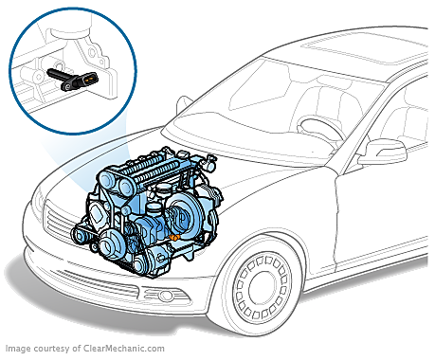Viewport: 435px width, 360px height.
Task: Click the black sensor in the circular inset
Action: tap(73, 79)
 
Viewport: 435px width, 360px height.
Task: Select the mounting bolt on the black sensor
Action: tap(67, 85)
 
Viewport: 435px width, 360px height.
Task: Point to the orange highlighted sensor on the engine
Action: tap(174, 237)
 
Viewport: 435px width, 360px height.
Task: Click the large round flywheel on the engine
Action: tap(185, 211)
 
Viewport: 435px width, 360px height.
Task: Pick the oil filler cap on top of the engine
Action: tap(163, 189)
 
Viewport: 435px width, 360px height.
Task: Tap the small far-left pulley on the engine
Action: tap(79, 235)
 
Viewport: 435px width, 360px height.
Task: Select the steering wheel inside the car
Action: tap(319, 129)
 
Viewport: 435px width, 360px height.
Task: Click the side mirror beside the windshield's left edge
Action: tap(184, 103)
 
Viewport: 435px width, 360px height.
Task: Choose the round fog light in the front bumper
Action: tap(165, 296)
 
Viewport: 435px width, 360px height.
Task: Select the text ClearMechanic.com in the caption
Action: tap(124, 349)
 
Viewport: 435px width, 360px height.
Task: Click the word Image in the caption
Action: tap(18, 349)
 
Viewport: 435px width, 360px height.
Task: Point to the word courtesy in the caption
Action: tap(51, 349)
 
